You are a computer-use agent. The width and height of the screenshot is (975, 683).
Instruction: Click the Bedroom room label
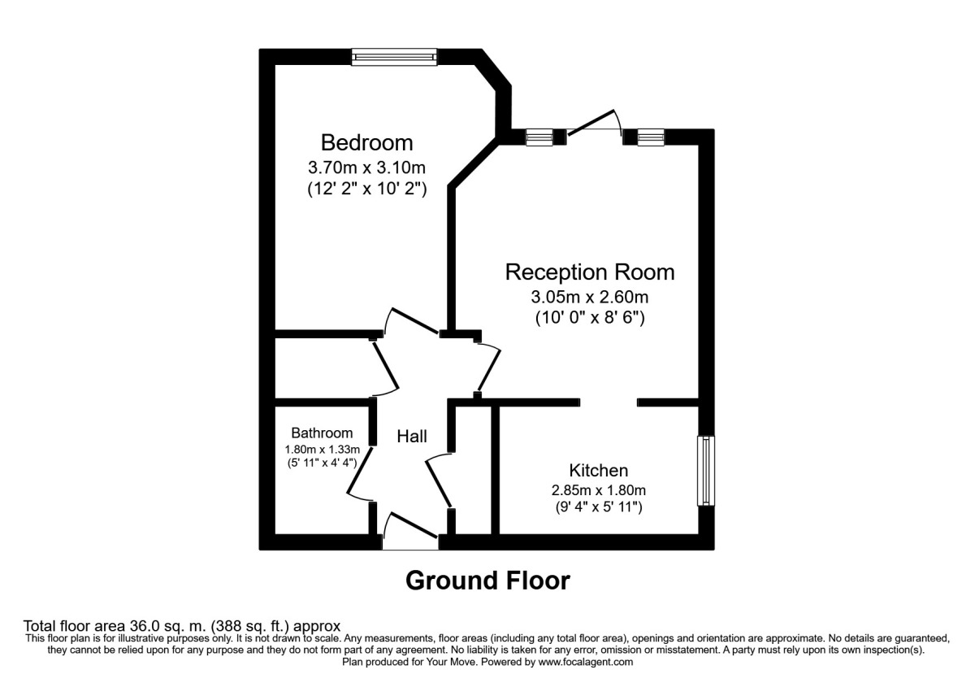point(366,143)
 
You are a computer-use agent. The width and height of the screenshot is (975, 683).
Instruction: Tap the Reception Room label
point(590,271)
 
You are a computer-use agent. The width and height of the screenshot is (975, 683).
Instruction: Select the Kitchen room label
point(598,470)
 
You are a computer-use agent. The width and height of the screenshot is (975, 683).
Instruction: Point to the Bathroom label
point(323,433)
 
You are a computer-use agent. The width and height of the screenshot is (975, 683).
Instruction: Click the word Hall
point(412,437)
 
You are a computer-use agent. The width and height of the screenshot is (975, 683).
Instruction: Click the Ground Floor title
point(487,581)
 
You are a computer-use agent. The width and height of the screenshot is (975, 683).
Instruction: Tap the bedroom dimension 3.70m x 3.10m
point(366,168)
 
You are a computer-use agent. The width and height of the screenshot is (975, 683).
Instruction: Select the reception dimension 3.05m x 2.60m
point(590,296)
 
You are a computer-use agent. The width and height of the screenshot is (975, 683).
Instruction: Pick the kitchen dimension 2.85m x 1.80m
point(598,490)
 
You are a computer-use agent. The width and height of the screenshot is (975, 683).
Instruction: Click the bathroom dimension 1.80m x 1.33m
point(323,449)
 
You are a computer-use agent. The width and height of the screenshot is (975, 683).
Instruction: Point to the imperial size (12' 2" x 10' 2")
point(366,189)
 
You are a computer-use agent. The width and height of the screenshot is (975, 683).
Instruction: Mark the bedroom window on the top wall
point(394,57)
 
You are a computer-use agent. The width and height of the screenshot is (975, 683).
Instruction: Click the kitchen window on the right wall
point(706,471)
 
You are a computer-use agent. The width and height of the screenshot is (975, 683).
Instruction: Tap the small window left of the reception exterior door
point(539,137)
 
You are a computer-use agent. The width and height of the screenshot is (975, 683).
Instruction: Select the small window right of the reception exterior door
point(651,137)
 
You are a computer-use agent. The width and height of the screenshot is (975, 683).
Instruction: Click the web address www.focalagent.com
point(585,662)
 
